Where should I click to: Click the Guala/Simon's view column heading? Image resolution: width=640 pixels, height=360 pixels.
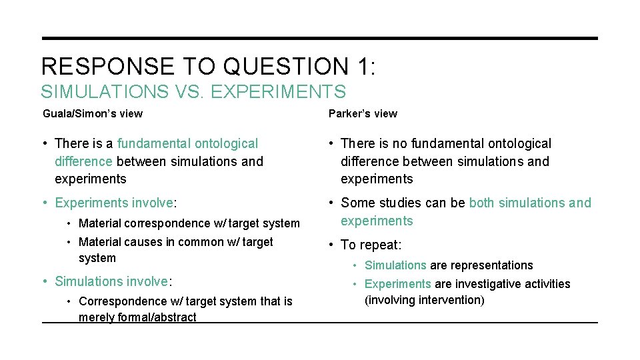pos(93,114)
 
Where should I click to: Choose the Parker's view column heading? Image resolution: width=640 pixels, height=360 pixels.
pos(363,114)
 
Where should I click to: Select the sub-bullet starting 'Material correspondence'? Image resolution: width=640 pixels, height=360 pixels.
pos(189,223)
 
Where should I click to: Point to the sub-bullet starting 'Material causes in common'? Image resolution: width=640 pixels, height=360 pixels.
pos(175,242)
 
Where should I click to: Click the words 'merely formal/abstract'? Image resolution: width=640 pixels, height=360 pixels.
pos(137,317)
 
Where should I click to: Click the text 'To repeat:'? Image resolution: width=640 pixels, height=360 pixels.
pos(371,245)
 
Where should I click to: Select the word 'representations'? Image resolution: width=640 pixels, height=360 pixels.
pos(492,265)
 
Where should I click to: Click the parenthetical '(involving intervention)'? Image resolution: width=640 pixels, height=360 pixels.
pos(424,300)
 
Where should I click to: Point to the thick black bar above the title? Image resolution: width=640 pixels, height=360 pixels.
pos(320,39)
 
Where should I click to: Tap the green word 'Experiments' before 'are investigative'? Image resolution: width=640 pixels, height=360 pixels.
pos(398,284)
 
